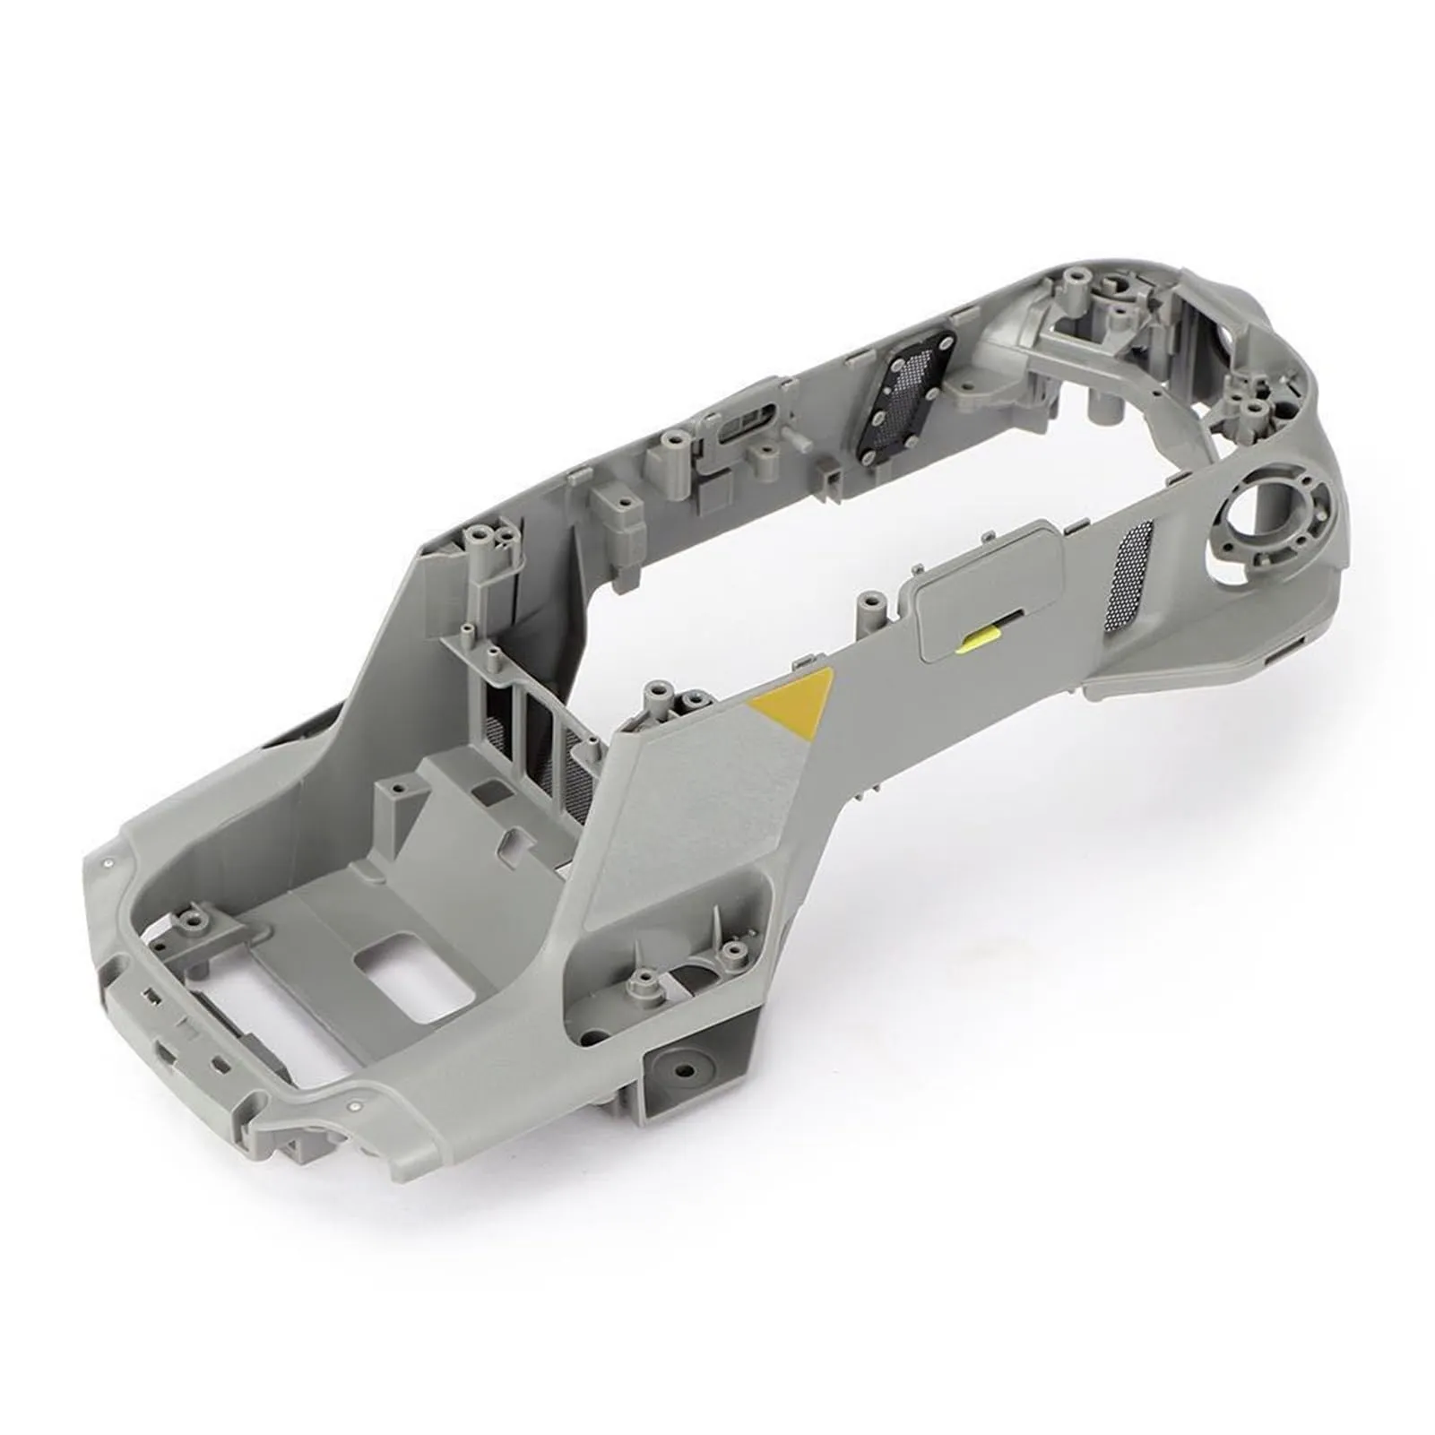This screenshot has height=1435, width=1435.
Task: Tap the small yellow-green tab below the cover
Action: [978, 638]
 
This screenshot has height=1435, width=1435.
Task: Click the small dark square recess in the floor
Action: [490, 790]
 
